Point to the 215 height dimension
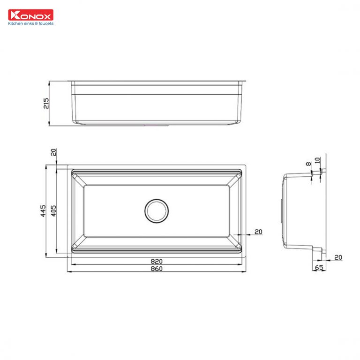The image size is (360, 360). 46,103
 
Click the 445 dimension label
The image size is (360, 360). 42,210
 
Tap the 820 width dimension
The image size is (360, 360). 157,261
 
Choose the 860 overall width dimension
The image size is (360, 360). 157,269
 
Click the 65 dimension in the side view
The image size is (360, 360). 319,268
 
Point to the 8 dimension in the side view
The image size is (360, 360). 308,165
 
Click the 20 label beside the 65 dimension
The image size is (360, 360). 338,257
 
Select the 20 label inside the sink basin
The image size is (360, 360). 258,232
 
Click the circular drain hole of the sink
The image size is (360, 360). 156,210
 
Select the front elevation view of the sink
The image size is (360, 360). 157,103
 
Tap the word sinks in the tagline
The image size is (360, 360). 30,23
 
